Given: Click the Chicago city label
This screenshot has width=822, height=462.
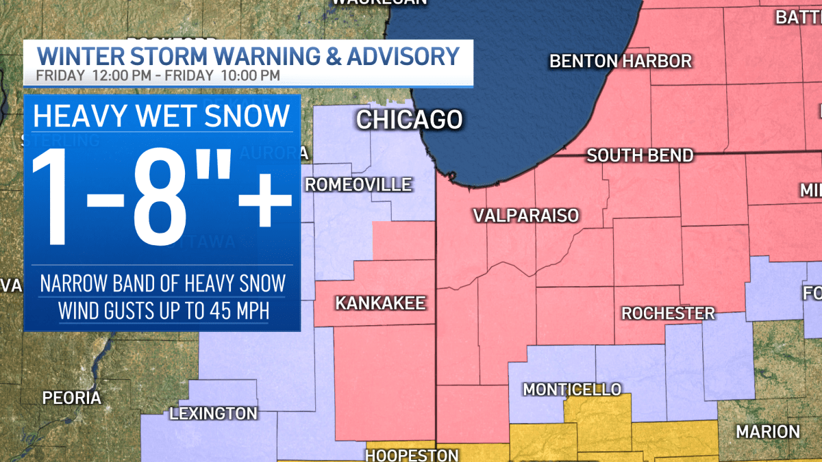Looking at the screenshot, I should click(409, 120).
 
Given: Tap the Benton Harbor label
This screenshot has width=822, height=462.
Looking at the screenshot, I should click(621, 61).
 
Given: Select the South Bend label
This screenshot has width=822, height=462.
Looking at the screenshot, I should click(640, 155).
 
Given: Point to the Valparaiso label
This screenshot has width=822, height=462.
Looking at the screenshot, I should click(526, 216).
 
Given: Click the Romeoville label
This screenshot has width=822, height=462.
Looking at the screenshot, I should click(358, 184).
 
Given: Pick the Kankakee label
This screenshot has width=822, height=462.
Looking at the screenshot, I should click(380, 303).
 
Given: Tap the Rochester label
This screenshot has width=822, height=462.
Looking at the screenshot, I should click(668, 313).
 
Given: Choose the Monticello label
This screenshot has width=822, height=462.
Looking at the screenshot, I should click(572, 389).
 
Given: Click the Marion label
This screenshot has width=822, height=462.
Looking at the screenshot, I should click(768, 432).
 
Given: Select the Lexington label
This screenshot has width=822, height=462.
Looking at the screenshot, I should click(213, 413).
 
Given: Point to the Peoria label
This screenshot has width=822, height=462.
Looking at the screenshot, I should click(72, 398).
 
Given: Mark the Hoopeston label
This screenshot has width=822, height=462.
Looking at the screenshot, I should click(412, 455).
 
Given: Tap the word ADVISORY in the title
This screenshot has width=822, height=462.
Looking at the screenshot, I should click(403, 55).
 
